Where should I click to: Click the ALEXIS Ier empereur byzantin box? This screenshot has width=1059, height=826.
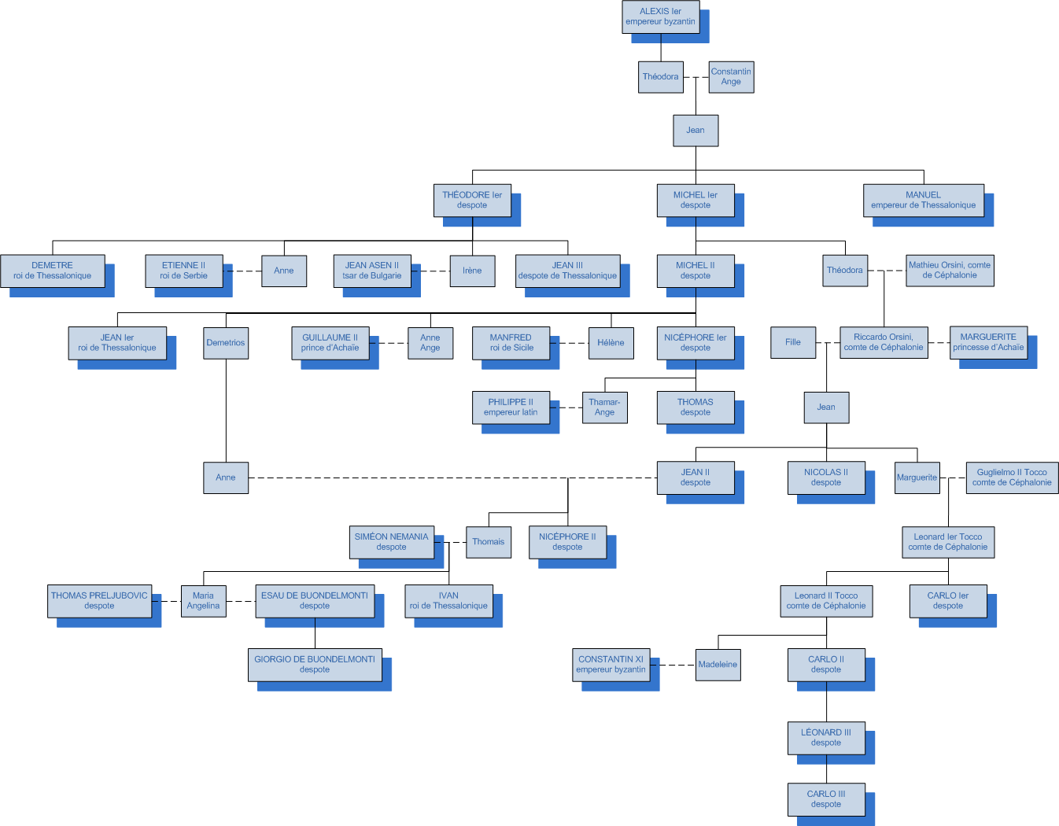[660, 17]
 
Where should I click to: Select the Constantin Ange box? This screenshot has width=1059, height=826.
[731, 77]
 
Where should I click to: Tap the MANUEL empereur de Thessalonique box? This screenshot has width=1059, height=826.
[923, 200]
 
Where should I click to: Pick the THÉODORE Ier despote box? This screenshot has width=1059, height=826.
[472, 200]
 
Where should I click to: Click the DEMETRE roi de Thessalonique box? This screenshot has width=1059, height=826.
[53, 271]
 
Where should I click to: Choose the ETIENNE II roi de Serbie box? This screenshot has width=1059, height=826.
[184, 271]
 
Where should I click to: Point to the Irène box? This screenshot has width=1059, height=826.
[472, 271]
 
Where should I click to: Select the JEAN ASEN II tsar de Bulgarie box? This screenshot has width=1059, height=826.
[372, 271]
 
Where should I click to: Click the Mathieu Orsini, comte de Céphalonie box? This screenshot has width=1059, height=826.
[950, 271]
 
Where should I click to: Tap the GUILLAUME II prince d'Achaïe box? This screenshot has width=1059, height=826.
[330, 343]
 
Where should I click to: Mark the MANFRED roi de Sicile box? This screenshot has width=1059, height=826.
[511, 343]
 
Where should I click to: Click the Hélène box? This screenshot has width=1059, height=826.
[611, 343]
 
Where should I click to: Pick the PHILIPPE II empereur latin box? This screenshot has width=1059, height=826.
[511, 407]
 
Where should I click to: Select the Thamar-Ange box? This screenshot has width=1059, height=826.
[604, 407]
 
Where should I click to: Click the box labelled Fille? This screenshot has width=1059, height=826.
[793, 342]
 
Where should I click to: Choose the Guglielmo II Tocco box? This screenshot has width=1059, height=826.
[1012, 478]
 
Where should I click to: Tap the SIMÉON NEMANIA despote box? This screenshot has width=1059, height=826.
[392, 542]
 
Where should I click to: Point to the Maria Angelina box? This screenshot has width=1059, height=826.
[203, 601]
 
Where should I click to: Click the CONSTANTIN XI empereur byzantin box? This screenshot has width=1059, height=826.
[611, 665]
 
